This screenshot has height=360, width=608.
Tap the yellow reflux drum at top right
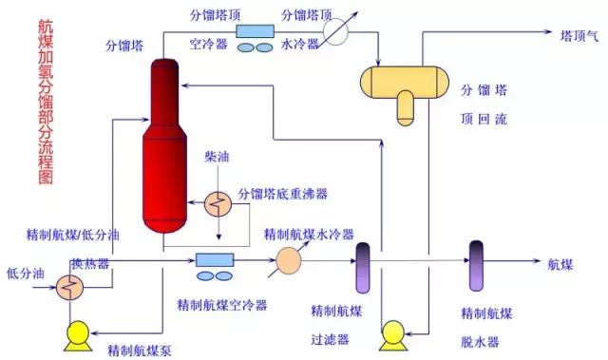pyautogui.click(x=403, y=85)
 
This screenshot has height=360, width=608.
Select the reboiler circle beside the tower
pyautogui.click(x=218, y=202)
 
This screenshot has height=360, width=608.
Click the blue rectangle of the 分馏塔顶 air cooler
pyautogui.click(x=254, y=31)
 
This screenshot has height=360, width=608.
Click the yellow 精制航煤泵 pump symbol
pyautogui.click(x=74, y=332)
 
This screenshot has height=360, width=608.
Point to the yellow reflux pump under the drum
pyautogui.click(x=391, y=335)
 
